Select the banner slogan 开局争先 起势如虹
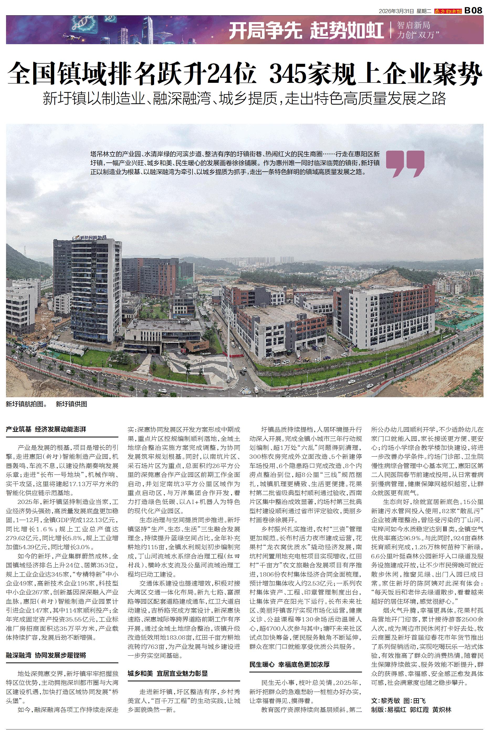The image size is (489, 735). click(x=306, y=31)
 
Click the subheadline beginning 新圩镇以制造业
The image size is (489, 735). click(x=245, y=98)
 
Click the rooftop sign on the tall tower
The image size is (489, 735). click(x=89, y=238)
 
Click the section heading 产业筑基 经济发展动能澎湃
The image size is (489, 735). click(x=46, y=429)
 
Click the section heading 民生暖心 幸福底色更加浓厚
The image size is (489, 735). click(x=290, y=656)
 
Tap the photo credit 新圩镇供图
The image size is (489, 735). click(x=71, y=404)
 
